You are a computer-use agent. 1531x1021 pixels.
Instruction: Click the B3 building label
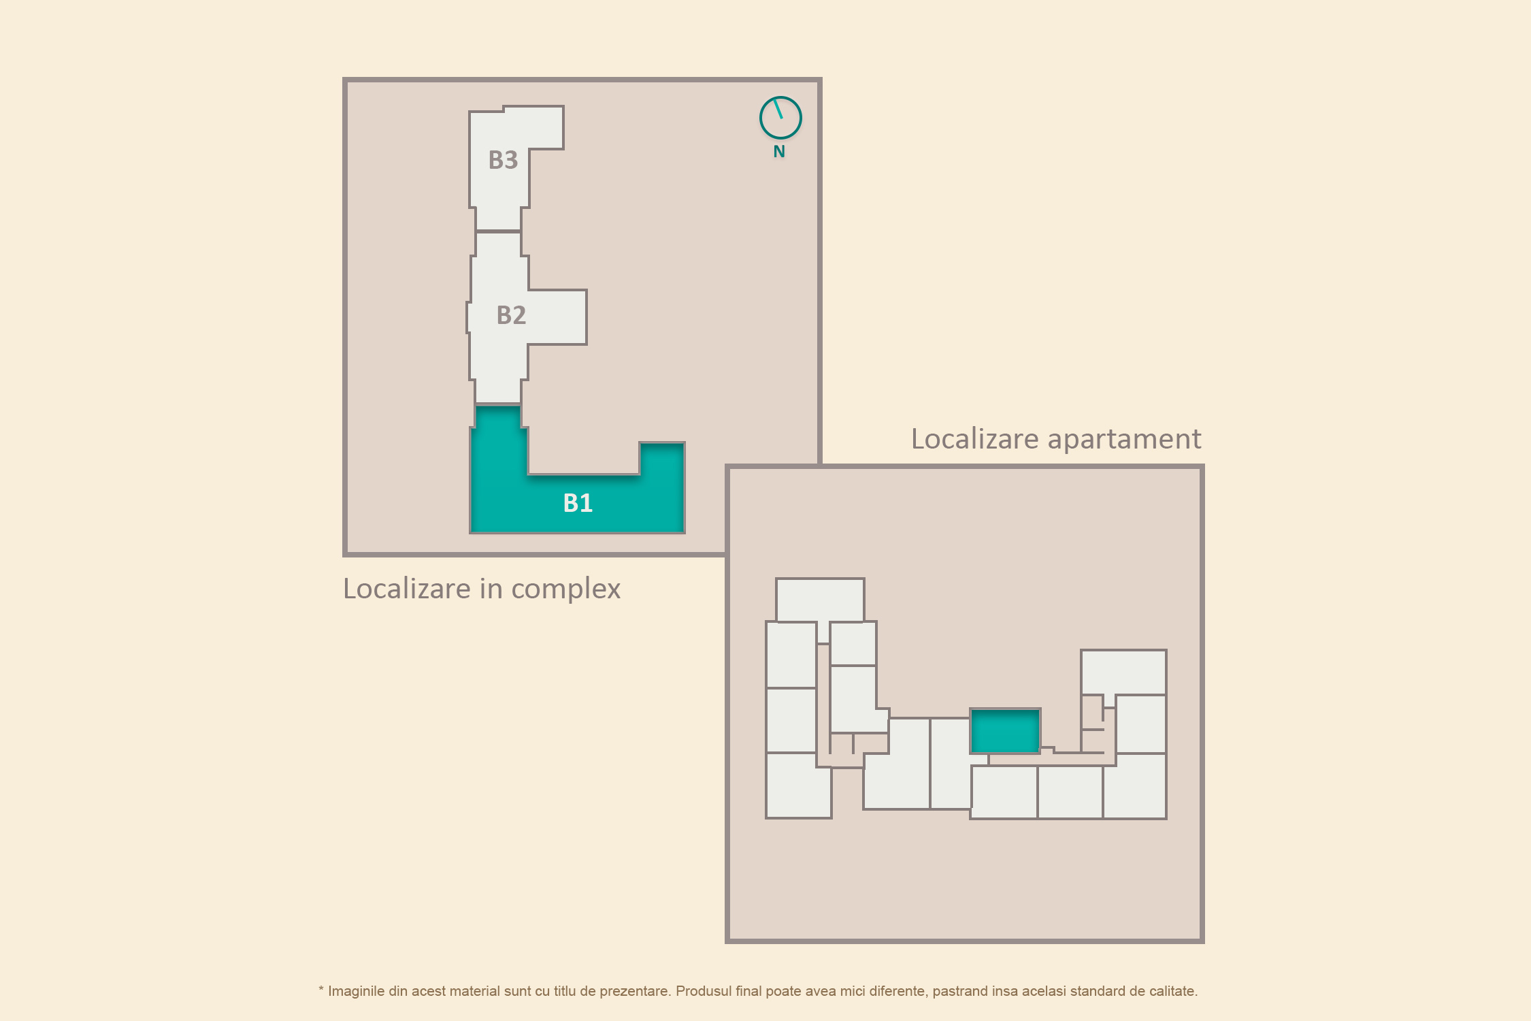503,160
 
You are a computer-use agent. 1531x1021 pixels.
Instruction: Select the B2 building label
511,315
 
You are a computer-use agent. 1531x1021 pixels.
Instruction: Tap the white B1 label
578,503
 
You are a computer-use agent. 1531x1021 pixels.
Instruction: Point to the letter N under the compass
779,152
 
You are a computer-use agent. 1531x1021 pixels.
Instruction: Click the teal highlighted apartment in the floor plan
1005,731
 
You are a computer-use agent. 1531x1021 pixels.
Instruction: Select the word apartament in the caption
1125,440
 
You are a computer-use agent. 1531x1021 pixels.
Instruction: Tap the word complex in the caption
565,590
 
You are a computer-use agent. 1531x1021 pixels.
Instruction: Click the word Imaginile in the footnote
356,991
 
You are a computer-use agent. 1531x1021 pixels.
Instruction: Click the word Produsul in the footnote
704,991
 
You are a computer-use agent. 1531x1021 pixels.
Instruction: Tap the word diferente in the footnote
898,991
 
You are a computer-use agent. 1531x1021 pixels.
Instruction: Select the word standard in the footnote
1096,991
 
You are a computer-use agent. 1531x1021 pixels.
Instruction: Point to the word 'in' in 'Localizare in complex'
491,589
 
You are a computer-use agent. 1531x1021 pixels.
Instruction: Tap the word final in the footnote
749,991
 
